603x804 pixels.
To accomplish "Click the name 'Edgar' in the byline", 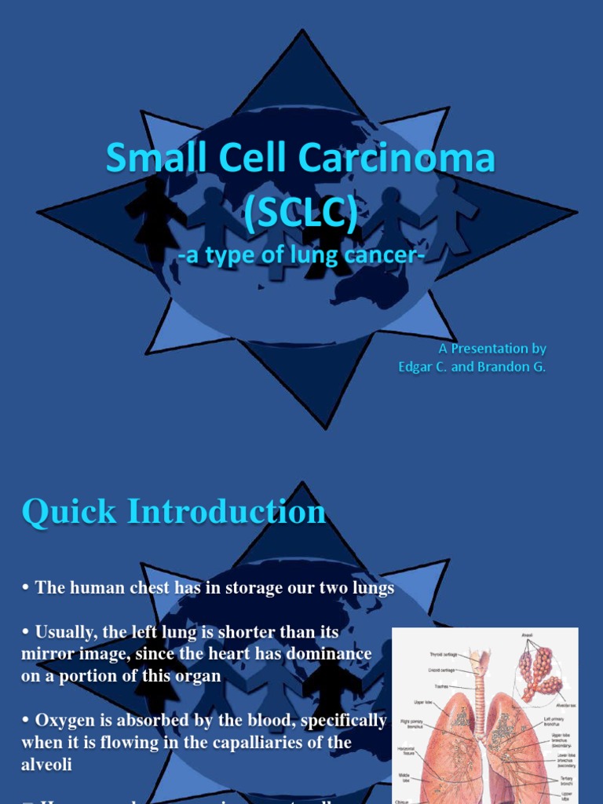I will click(x=415, y=367).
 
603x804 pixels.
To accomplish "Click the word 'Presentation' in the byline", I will click(x=493, y=349).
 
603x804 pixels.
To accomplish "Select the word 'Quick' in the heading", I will click(x=69, y=512).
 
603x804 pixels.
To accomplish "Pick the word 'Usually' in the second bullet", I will click(x=65, y=631).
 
